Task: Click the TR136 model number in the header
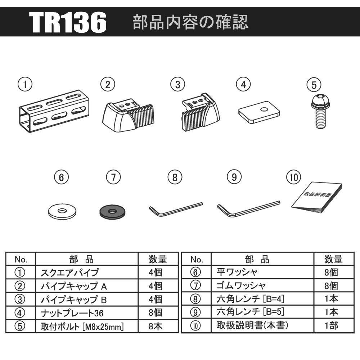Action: pyautogui.click(x=68, y=22)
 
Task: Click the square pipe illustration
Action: pyautogui.click(x=54, y=111)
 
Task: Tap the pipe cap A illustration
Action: pyautogui.click(x=128, y=115)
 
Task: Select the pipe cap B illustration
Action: pyautogui.click(x=201, y=112)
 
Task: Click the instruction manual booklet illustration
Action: pyautogui.click(x=316, y=198)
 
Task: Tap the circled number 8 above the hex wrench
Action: pyautogui.click(x=175, y=177)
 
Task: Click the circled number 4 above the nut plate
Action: pyautogui.click(x=243, y=85)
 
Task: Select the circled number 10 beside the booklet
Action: pyautogui.click(x=294, y=177)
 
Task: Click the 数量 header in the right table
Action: pyautogui.click(x=334, y=259)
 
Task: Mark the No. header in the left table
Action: pyautogui.click(x=21, y=259)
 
